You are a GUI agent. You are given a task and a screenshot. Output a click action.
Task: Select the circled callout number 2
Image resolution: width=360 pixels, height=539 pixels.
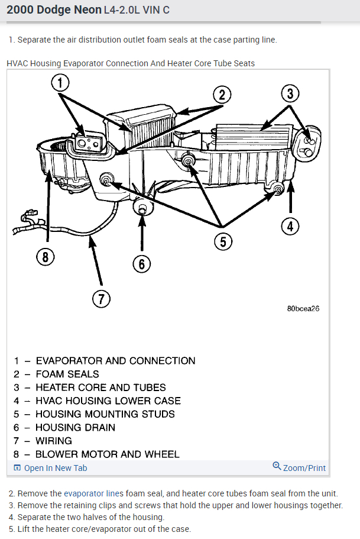click(222, 94)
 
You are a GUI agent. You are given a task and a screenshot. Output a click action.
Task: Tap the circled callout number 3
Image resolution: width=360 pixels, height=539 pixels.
click(290, 93)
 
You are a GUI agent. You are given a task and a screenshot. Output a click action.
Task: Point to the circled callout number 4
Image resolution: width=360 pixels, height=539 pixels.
click(290, 226)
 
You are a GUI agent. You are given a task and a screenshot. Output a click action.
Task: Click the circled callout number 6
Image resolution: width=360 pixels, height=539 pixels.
click(141, 263)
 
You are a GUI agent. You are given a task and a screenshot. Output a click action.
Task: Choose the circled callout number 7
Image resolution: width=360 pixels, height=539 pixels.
click(101, 299)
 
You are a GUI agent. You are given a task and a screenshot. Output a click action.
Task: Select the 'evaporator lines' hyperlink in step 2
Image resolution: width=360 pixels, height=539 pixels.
click(94, 493)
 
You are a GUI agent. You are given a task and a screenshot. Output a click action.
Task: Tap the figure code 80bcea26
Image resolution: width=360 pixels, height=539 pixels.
click(303, 309)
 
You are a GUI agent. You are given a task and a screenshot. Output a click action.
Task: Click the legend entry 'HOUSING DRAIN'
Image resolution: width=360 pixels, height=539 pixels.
click(75, 427)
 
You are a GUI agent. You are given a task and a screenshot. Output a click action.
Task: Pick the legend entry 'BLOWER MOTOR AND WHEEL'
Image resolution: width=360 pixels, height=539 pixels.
click(107, 454)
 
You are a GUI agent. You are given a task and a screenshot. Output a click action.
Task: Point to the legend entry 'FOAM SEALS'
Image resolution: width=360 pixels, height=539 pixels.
click(67, 374)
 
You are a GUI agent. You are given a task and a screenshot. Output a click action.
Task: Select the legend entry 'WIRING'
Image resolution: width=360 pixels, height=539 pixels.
click(53, 441)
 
